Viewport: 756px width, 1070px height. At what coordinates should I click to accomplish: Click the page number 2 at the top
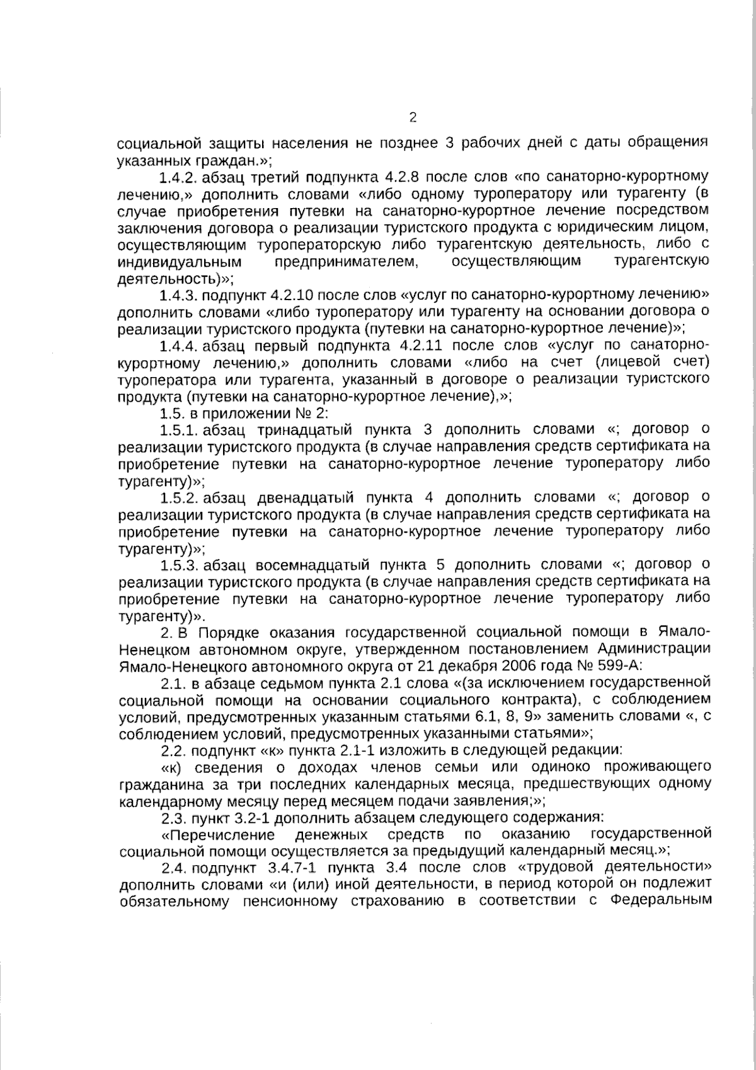pos(413,117)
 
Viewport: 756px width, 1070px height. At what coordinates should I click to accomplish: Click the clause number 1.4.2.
pos(179,175)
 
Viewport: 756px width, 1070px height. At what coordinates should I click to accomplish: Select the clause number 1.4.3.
pos(179,295)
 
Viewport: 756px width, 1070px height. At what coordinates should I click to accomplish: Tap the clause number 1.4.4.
pos(180,346)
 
